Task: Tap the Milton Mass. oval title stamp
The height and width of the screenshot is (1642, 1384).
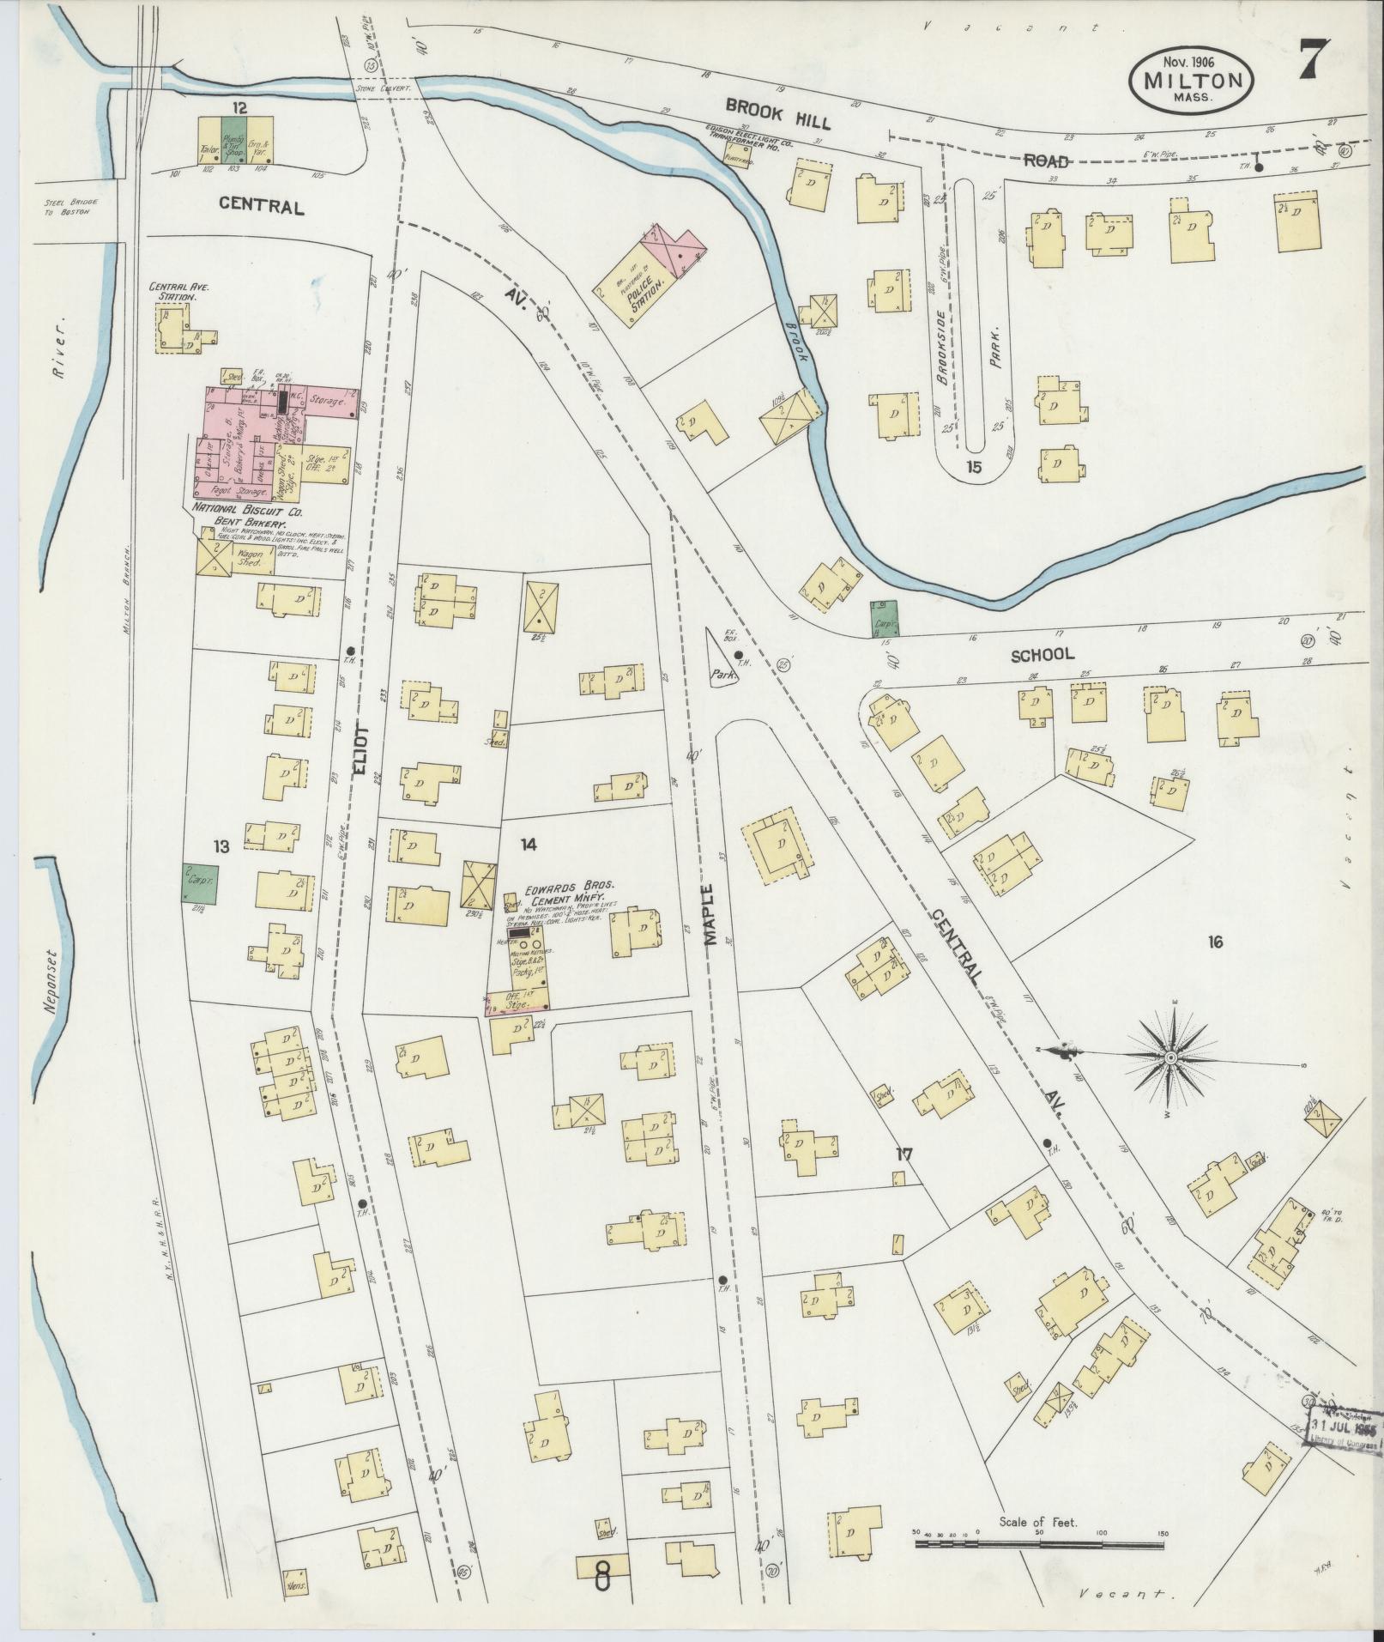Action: pyautogui.click(x=1191, y=78)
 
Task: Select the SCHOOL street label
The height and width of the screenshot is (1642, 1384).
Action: pyautogui.click(x=1041, y=654)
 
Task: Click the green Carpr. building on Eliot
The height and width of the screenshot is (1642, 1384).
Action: pyautogui.click(x=199, y=882)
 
